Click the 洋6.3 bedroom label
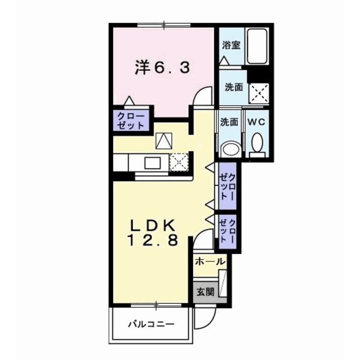pos(162,68)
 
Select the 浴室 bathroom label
pos(231,45)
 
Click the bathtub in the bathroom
pos(257,46)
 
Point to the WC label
pos(256,122)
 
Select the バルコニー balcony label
pos(151,324)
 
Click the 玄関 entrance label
pos(205,292)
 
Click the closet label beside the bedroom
pos(130,121)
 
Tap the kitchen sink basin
pos(152,163)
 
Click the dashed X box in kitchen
pos(179,162)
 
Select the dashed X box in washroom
pos(259,93)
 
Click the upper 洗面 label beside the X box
pos(234,87)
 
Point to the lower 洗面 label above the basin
pos(229,122)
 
